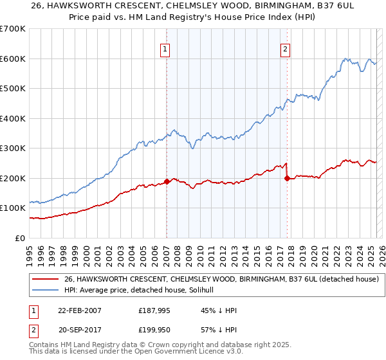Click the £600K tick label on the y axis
[13, 59]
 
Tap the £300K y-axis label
[13, 148]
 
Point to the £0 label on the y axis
[21, 238]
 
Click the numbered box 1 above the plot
[165, 48]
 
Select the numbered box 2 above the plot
[285, 48]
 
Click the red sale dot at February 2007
[167, 181]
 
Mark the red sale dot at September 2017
[287, 178]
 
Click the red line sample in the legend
[46, 279]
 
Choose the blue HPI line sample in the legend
[46, 290]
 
